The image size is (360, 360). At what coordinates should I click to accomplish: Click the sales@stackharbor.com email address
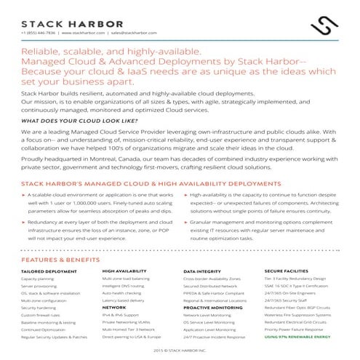click(132, 33)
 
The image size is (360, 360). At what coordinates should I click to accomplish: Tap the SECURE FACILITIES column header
click(286, 270)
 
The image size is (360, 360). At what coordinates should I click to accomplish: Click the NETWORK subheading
click(114, 308)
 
